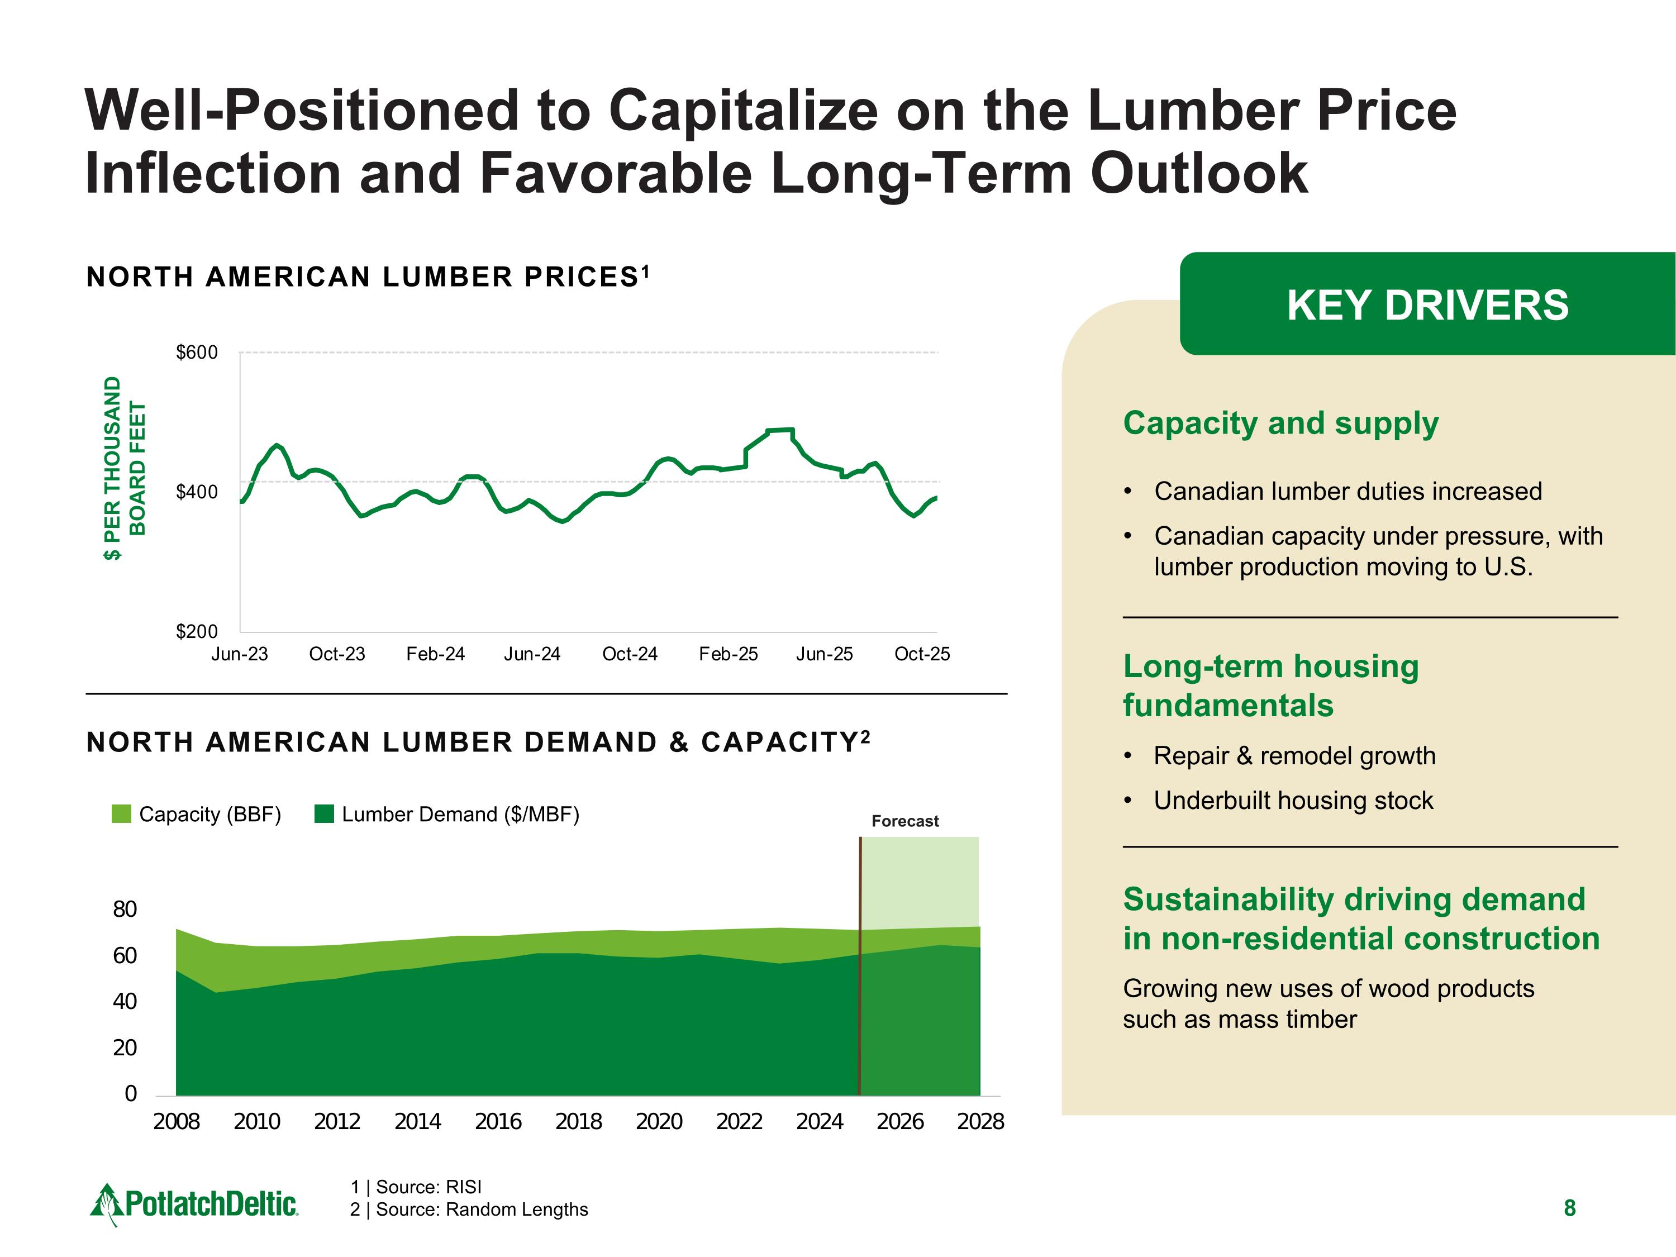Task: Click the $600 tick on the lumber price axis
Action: tap(196, 353)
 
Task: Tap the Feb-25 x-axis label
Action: tap(727, 654)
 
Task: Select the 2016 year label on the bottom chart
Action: tap(498, 1121)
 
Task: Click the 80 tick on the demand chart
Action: tap(125, 909)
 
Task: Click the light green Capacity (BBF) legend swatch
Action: tap(121, 815)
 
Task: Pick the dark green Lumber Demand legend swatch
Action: tap(324, 815)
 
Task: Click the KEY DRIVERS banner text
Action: tap(1427, 306)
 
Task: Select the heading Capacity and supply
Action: tap(1280, 423)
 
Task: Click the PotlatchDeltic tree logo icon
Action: tap(106, 1204)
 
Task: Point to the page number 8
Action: tap(1570, 1208)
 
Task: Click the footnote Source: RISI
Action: tap(416, 1187)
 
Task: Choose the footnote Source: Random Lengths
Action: tap(469, 1210)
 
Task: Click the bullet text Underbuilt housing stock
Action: tap(1293, 800)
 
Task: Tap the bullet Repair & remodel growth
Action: tap(1294, 755)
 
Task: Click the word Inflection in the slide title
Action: tap(212, 173)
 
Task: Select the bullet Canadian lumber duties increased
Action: tap(1348, 491)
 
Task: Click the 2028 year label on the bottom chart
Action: tap(980, 1121)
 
